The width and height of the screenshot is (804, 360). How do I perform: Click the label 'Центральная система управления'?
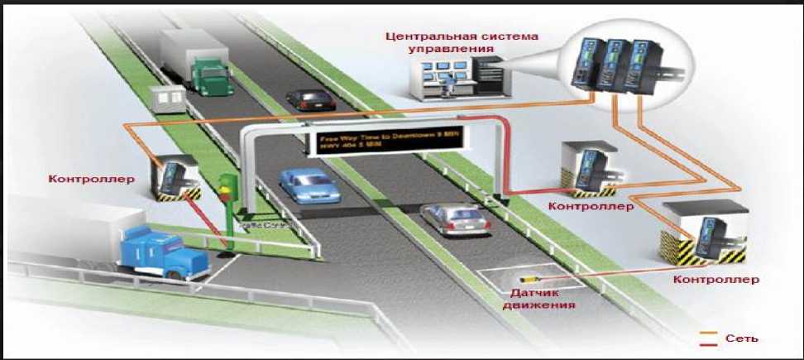point(462,42)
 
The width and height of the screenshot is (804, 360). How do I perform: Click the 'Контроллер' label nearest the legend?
point(715,280)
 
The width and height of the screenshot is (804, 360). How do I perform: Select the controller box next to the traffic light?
point(175,178)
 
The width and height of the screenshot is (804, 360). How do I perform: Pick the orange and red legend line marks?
point(710,338)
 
